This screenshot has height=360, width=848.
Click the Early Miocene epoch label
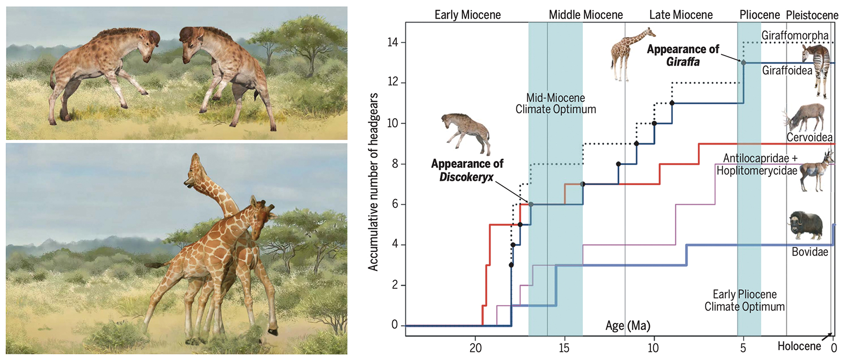467,15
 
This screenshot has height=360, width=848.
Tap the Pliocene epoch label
759,15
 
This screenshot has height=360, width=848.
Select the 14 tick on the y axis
393,43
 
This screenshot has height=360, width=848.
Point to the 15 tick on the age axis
564,348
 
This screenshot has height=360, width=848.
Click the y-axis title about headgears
373,182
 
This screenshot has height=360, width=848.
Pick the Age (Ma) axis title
627,326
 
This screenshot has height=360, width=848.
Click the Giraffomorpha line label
794,35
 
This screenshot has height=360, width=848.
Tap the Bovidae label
810,252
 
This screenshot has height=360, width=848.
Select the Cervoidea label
810,138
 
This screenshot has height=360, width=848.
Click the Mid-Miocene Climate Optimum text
556,103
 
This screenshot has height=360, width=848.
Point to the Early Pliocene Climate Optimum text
744,301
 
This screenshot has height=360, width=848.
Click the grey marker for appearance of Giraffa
743,62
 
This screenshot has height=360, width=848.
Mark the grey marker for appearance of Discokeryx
531,204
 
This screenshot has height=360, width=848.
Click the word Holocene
799,346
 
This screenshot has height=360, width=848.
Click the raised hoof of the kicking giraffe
273,330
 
